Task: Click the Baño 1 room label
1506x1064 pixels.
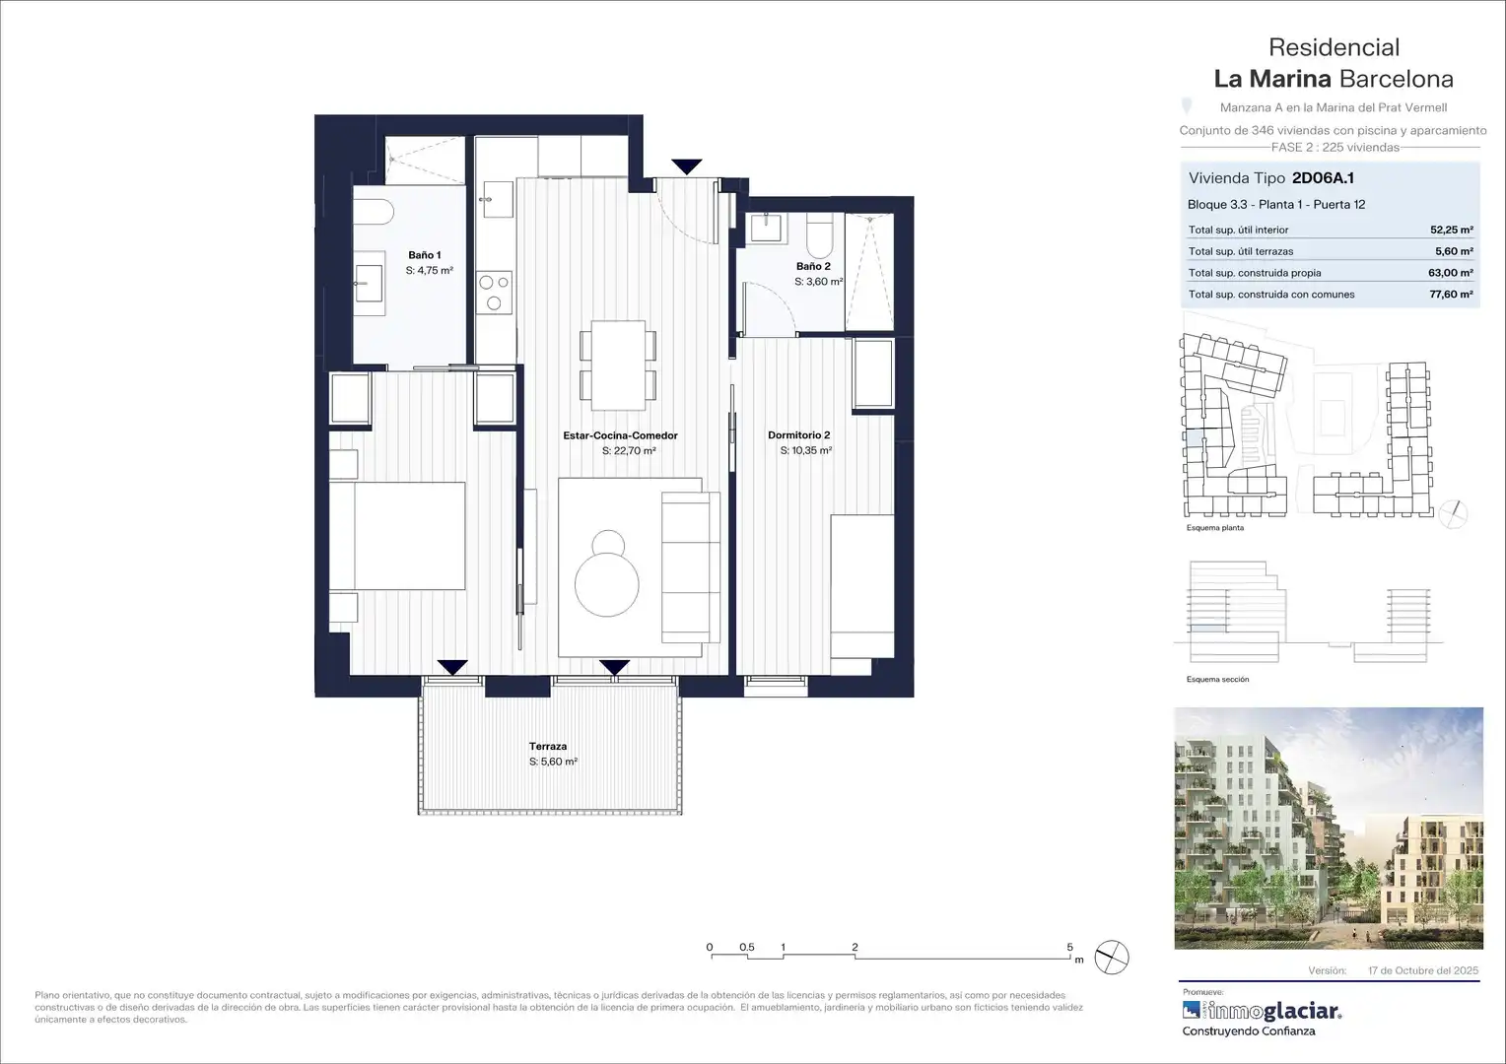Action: click(425, 255)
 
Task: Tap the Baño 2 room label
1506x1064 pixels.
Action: click(813, 266)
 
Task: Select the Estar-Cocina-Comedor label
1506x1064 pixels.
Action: click(621, 435)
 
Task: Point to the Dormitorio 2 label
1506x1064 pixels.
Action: click(798, 434)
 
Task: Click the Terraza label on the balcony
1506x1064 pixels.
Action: click(548, 746)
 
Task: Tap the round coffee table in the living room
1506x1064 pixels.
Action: click(607, 584)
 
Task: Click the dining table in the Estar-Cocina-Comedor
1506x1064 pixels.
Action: click(618, 366)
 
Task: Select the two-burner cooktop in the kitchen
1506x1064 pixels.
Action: click(494, 293)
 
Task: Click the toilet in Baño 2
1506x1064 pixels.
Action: click(820, 231)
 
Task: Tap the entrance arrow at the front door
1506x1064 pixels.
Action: click(686, 166)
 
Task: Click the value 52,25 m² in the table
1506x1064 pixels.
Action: click(1452, 230)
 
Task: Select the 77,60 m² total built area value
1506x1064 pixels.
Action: click(1451, 295)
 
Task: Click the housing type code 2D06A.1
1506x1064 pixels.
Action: click(1323, 178)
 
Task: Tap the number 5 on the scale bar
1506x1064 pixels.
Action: click(1069, 947)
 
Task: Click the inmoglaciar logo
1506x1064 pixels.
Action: click(1262, 1010)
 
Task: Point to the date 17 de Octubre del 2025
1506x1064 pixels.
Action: click(1423, 970)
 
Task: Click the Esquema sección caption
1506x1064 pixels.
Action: click(1217, 680)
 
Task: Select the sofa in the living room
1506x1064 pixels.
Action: click(691, 567)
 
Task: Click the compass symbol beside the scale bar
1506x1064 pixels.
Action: click(1112, 958)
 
